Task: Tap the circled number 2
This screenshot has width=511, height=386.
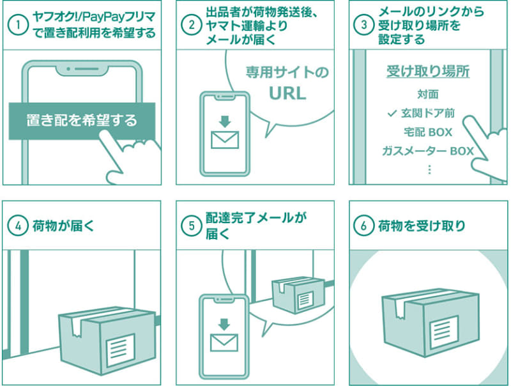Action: tap(191, 26)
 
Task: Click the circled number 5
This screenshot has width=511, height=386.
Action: tap(191, 226)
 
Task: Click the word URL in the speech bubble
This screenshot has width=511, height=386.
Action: tap(287, 93)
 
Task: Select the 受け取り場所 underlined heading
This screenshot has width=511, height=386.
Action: tap(428, 72)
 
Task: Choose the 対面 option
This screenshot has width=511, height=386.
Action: tap(428, 94)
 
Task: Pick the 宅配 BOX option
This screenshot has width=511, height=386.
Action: tap(428, 132)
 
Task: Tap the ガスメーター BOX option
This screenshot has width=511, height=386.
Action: tap(428, 151)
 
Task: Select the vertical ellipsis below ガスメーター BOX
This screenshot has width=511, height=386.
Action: tap(429, 169)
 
